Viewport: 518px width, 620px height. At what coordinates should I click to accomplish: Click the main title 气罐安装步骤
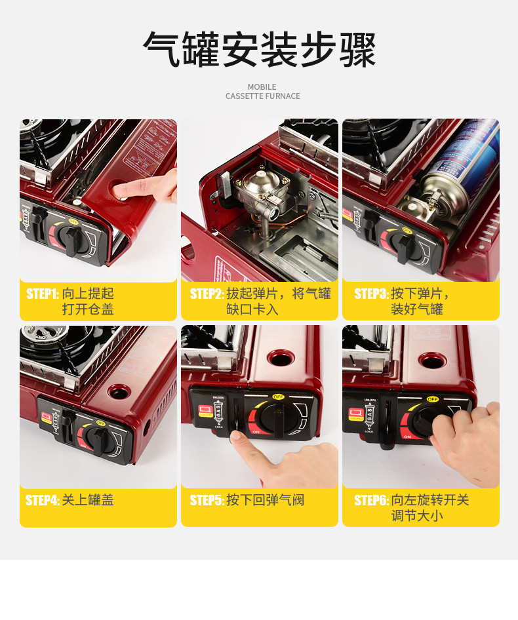259,50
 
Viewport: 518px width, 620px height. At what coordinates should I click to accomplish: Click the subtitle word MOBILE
262,87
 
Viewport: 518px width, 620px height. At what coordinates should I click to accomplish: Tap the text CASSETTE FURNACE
262,96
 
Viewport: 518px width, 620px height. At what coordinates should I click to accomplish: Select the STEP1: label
43,294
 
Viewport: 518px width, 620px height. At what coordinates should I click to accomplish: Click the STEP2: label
207,294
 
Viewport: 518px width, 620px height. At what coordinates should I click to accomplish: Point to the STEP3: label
371,294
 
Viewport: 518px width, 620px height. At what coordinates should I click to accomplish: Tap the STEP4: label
43,501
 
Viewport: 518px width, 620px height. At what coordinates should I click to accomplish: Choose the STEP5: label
207,501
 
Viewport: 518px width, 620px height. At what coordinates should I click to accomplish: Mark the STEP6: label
371,501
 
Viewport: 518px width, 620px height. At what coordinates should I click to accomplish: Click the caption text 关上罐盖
88,501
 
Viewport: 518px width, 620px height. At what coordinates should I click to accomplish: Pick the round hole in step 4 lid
119,392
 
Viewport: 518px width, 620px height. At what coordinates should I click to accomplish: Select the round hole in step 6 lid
431,360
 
